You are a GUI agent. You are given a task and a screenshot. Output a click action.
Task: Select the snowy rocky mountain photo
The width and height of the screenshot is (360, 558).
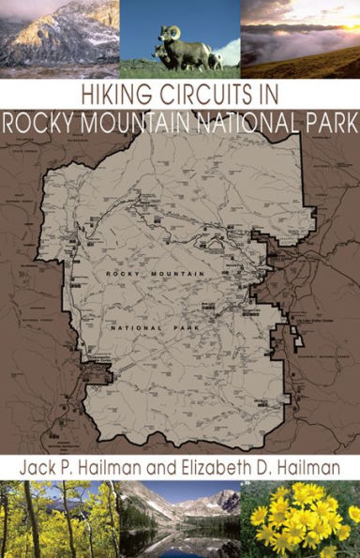click(59, 38)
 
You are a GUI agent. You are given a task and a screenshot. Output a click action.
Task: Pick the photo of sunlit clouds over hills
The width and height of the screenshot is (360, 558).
click(300, 38)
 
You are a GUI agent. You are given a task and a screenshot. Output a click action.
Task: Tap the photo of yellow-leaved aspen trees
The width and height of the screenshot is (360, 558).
click(59, 519)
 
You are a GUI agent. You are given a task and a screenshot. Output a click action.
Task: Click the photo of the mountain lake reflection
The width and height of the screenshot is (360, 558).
click(180, 519)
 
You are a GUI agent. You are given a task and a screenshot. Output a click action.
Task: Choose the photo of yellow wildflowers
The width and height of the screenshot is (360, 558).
click(300, 519)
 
